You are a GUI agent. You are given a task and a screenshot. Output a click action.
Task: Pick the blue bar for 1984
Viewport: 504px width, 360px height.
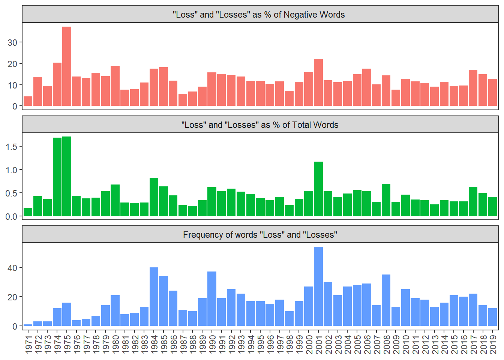(x=154, y=296)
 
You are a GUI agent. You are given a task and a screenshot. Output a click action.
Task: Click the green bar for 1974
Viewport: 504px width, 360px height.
(x=57, y=177)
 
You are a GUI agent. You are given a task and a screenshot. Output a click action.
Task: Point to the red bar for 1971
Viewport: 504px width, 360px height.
(x=28, y=101)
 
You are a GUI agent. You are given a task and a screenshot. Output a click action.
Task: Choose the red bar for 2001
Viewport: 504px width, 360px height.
(x=318, y=82)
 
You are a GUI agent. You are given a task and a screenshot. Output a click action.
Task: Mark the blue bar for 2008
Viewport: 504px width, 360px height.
(x=386, y=300)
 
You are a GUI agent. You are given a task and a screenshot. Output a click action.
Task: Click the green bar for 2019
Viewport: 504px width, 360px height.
(x=492, y=206)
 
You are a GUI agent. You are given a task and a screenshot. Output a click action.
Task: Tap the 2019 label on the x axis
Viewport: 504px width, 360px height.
(x=493, y=344)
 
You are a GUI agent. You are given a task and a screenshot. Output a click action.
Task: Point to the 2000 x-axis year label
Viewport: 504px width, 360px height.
(x=309, y=344)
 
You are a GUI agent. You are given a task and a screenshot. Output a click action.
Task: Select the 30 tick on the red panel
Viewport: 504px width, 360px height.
(x=12, y=43)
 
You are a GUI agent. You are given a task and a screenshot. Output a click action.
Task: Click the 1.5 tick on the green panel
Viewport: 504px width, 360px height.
(x=11, y=147)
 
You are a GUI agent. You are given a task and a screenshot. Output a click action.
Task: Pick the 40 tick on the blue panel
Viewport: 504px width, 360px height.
(x=12, y=268)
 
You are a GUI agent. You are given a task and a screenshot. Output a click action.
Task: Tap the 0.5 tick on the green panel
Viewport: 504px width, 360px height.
(x=11, y=193)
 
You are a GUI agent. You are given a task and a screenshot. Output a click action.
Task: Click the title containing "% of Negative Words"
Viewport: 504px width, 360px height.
(x=259, y=15)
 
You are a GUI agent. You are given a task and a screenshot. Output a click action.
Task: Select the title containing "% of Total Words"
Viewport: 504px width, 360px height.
(x=259, y=125)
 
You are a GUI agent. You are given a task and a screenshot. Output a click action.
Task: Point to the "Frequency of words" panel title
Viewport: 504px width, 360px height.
(x=260, y=235)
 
